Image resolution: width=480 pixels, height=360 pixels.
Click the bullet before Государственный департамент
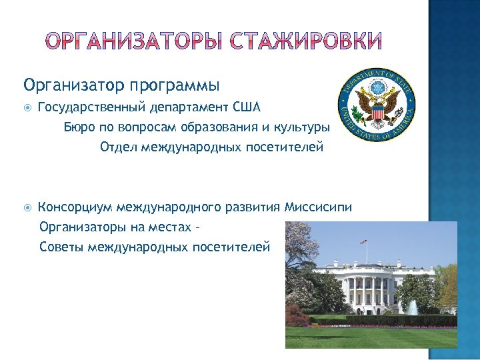pos(27,107)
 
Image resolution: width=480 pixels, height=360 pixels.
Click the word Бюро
pos(78,127)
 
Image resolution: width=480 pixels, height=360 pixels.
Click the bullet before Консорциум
pos(27,207)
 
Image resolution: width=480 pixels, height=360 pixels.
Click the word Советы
pos(62,247)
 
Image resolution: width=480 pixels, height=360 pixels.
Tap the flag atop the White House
pos(363,241)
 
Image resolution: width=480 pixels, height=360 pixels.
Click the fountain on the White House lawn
pos(413,307)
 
